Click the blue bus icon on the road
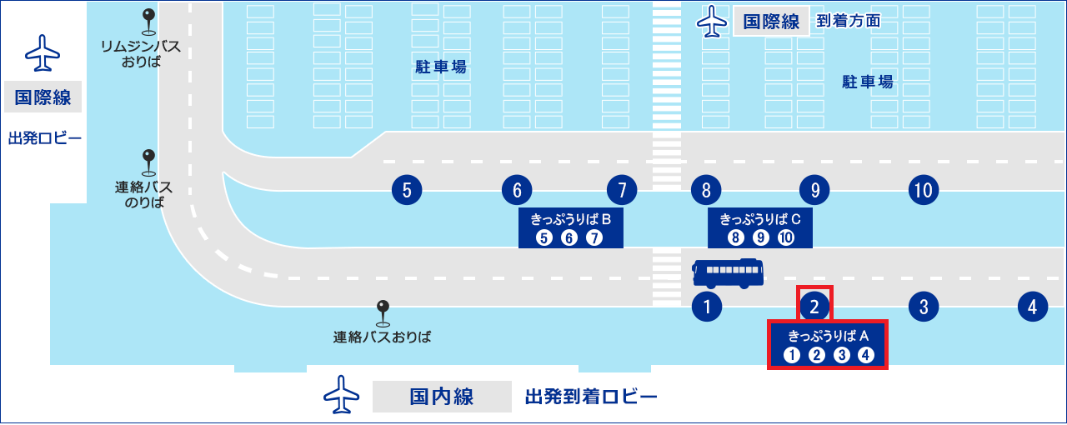pos(728,273)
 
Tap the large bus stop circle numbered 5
pos(407,190)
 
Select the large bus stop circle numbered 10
pos(924,190)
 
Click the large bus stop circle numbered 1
pos(707,307)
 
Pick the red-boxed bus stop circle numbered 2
pos(814,307)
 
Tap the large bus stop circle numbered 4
pos(1033,307)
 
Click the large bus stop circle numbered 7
pos(622,190)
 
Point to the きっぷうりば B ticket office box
pos(571,227)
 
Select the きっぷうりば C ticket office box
pos(759,227)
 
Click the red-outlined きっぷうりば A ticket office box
pos(828,344)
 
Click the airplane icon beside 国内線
pos(341,395)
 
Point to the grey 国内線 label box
pos(442,397)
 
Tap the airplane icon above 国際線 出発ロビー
pos(43,52)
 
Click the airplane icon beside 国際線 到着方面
pos(712,21)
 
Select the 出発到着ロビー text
pos(591,397)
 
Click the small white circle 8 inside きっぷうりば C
pos(735,237)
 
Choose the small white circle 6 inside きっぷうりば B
pos(569,237)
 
